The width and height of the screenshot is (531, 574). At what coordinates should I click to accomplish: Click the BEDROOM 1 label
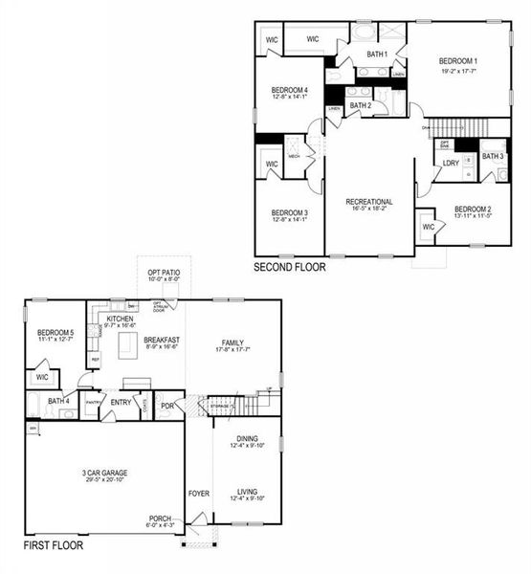coord(458,59)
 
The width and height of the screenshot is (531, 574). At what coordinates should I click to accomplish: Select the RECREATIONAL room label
coord(370,200)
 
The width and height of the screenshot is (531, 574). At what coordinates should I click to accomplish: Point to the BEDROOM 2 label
coord(473,209)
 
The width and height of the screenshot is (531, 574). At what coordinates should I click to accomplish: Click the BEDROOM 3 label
coord(289,212)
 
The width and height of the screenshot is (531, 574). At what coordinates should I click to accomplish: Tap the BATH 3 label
coord(492,156)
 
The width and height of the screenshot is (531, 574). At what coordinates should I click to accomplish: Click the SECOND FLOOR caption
coord(289,268)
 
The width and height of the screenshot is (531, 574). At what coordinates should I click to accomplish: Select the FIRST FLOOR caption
coord(53,545)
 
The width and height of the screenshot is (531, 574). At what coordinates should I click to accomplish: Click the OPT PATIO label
coord(164,273)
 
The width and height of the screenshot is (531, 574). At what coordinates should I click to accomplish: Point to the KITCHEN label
coord(120,318)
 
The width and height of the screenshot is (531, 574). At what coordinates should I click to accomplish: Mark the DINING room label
coord(248,438)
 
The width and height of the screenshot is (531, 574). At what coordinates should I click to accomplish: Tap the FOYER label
coord(198,494)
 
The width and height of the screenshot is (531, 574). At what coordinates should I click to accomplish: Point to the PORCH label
coord(160,518)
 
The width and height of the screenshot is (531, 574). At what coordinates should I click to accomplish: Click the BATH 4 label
coord(58,401)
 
